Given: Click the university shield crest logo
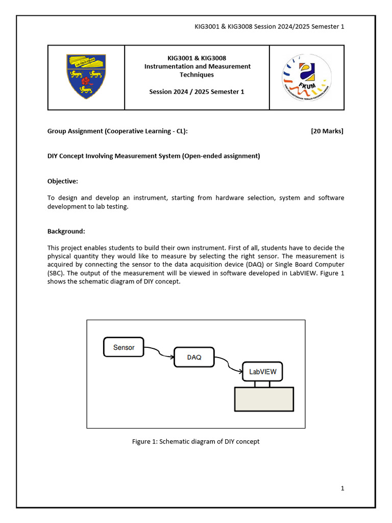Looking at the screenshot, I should tap(86, 77).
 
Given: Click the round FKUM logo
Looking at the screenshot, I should tap(307, 77).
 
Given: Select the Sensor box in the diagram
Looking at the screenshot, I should tap(124, 347).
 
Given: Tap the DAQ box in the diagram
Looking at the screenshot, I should tap(194, 358).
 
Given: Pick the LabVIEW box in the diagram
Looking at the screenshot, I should tap(262, 372).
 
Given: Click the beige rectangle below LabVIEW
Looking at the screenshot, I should tap(264, 399).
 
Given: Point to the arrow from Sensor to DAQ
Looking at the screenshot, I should tap(159, 353).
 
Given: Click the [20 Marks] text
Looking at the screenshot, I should tap(327, 131).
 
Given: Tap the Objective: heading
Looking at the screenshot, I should tap(63, 181).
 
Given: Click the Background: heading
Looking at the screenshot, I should tap(66, 231).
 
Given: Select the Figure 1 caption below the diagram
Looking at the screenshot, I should tap(195, 441).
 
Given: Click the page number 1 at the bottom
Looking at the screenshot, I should tap(342, 488).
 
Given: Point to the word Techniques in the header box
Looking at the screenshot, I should tap(197, 75).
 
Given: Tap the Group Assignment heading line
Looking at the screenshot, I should tap(117, 131).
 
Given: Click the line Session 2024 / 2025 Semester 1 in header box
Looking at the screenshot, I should tap(197, 92).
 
